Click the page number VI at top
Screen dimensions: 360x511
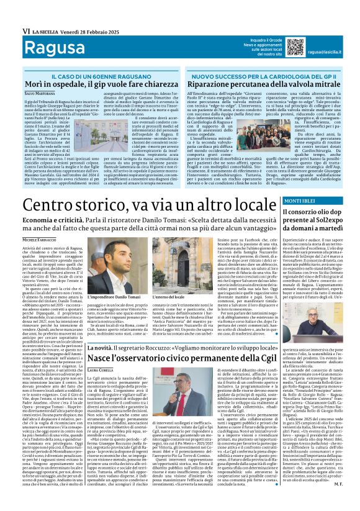9,12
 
